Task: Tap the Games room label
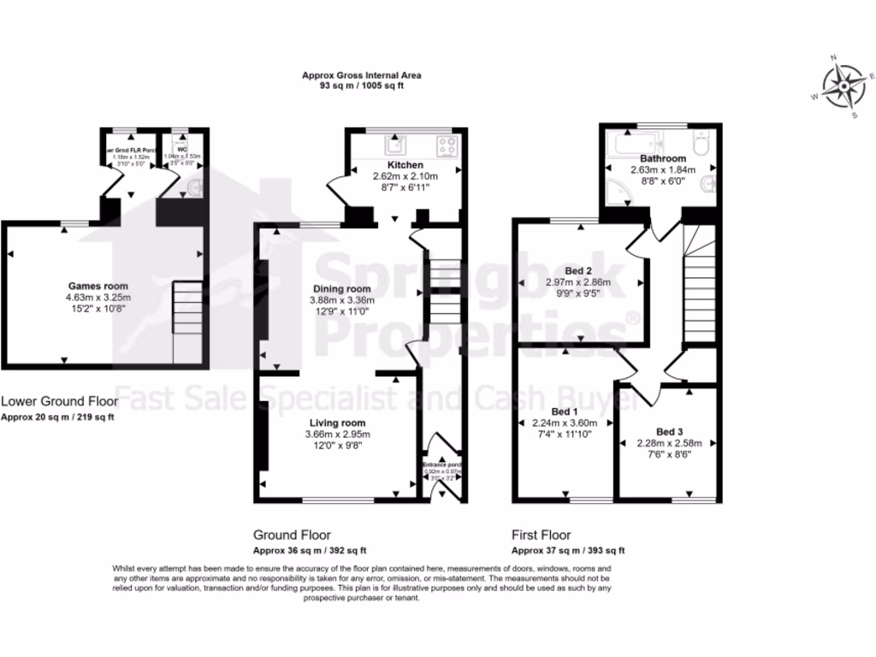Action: coord(98,286)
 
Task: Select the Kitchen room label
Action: coord(405,164)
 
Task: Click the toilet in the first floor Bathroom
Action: coord(699,144)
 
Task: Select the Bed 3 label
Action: coord(670,430)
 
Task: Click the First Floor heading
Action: coord(541,536)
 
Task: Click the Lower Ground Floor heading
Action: coord(59,400)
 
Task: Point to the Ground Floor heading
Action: coord(292,536)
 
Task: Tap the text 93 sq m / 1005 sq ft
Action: coord(361,86)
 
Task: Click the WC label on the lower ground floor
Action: coord(182,149)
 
